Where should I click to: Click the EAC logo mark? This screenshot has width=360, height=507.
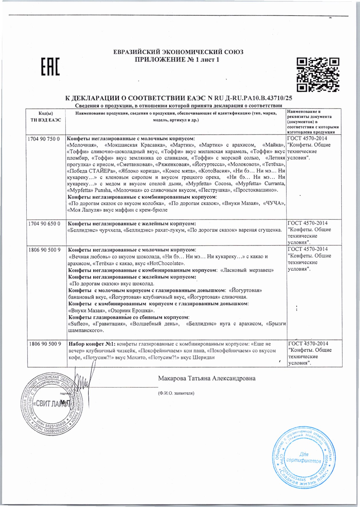(x=50, y=67)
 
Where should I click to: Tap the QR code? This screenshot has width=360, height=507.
(x=318, y=74)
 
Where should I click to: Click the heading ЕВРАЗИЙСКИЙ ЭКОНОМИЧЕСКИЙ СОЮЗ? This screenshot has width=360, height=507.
(x=178, y=52)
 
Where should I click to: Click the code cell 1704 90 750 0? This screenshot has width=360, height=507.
(x=44, y=139)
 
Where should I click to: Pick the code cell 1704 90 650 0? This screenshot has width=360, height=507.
(x=44, y=223)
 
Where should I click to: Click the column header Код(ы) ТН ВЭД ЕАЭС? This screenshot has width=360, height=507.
(x=46, y=117)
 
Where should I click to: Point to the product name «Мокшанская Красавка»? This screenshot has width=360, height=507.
(x=136, y=145)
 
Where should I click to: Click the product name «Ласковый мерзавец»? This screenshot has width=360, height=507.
(x=247, y=270)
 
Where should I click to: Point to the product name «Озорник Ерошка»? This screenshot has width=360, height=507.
(x=135, y=310)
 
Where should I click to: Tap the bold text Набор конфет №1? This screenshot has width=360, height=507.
(x=92, y=344)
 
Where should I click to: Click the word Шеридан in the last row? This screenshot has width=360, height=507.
(x=203, y=357)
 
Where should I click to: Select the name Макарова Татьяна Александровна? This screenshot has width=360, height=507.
(x=206, y=378)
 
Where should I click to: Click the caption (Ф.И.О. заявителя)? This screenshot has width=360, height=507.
(x=176, y=393)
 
